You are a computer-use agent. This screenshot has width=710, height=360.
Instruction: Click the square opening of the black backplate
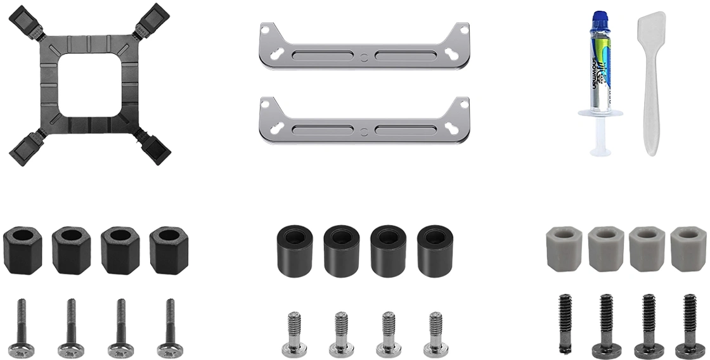[91, 86]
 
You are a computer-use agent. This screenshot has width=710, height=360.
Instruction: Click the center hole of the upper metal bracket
[363, 56]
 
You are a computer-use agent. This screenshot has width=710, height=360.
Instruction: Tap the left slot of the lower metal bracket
[322, 129]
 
